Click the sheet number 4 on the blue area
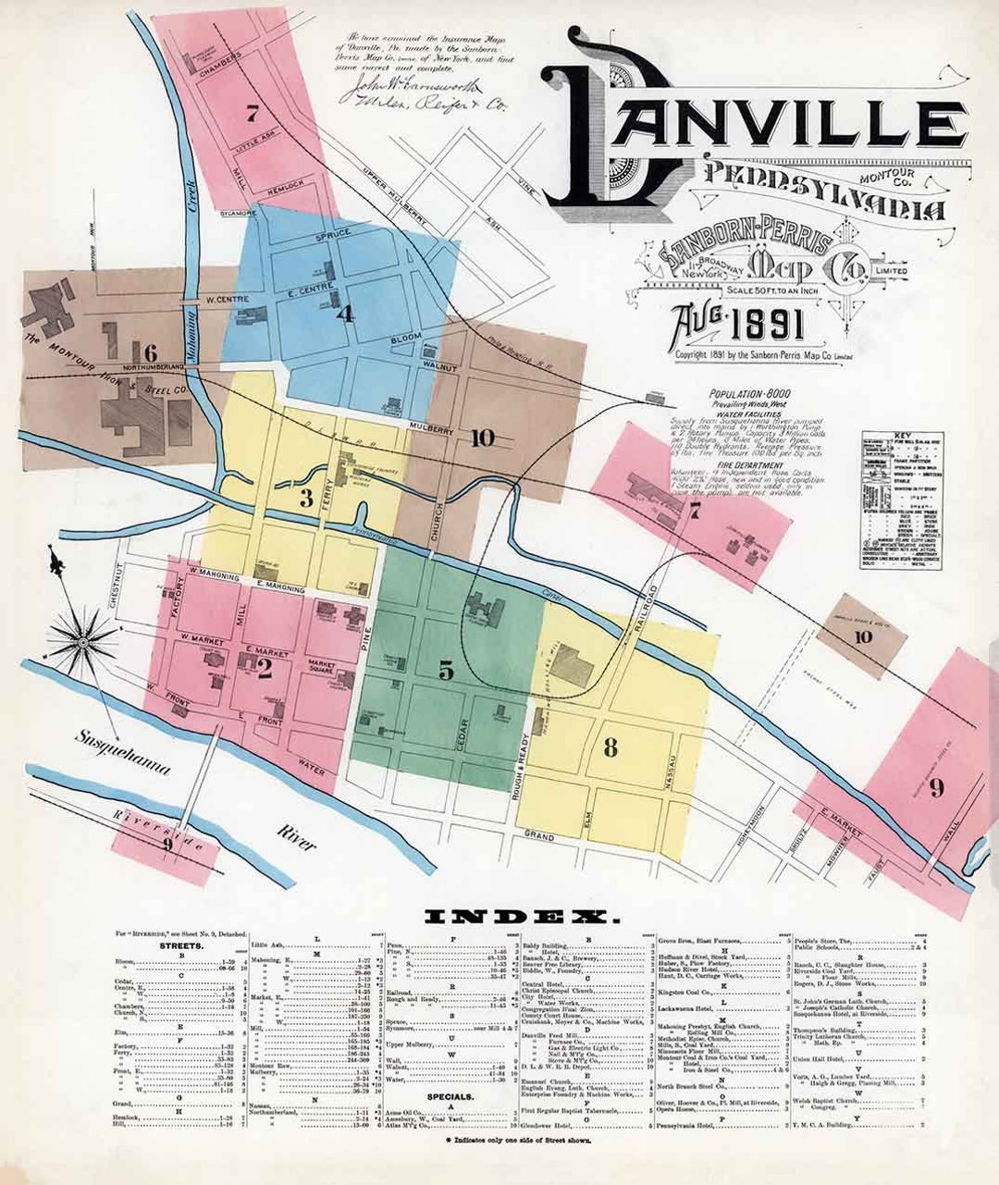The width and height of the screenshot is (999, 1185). tap(345, 314)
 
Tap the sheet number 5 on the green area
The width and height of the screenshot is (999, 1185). tap(446, 671)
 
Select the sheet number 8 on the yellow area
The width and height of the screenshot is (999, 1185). tap(610, 747)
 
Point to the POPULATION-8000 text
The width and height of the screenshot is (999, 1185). tap(751, 392)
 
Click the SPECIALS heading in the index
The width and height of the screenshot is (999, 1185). tap(451, 1097)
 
